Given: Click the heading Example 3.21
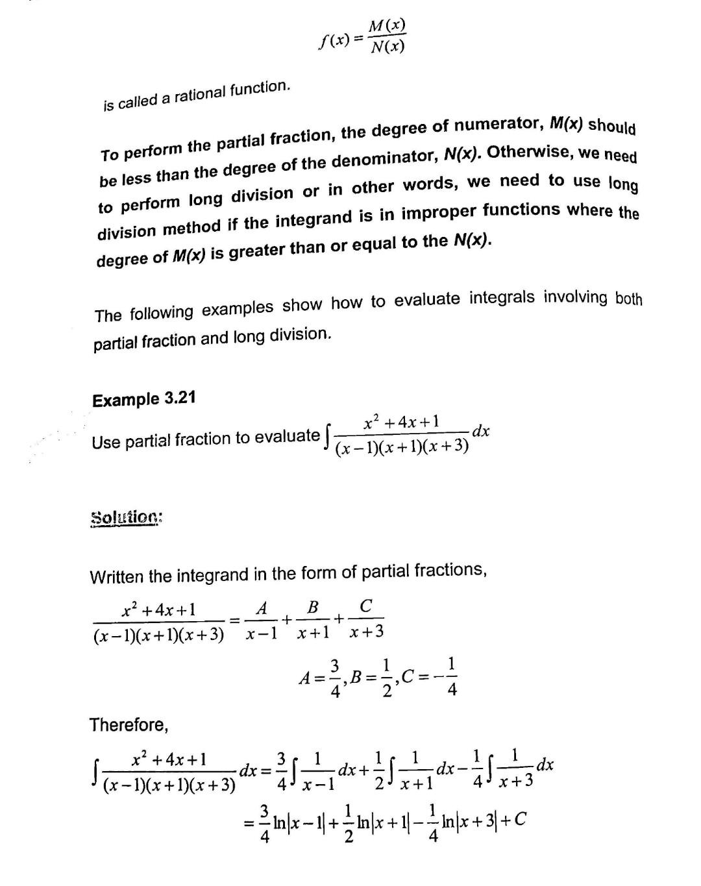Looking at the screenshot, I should click(143, 398).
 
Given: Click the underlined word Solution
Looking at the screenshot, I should click(126, 518).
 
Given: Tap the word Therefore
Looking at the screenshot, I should click(129, 724).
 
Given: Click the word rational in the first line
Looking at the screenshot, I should click(199, 95).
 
